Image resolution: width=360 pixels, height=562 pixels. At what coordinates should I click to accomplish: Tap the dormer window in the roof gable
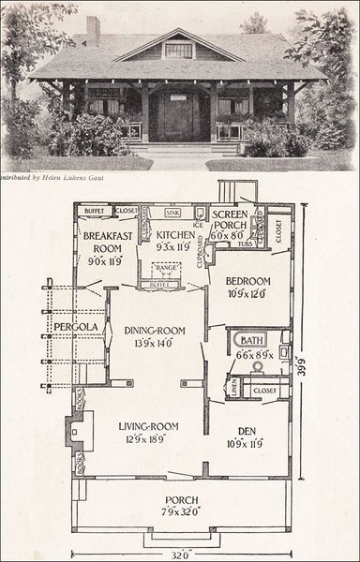pos(177,51)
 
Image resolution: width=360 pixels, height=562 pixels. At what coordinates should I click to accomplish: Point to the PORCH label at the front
pos(181,499)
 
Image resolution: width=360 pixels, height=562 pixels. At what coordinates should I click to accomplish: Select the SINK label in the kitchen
pos(172,213)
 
